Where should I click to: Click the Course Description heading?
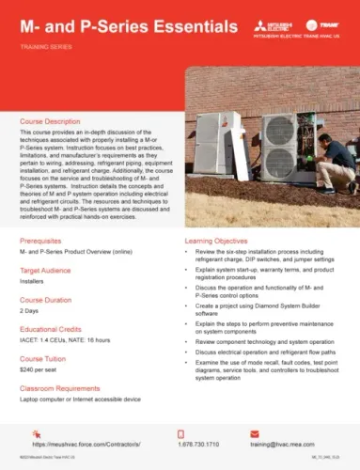[55, 122]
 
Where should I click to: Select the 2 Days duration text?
[29, 311]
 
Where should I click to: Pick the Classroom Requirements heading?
[64, 384]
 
